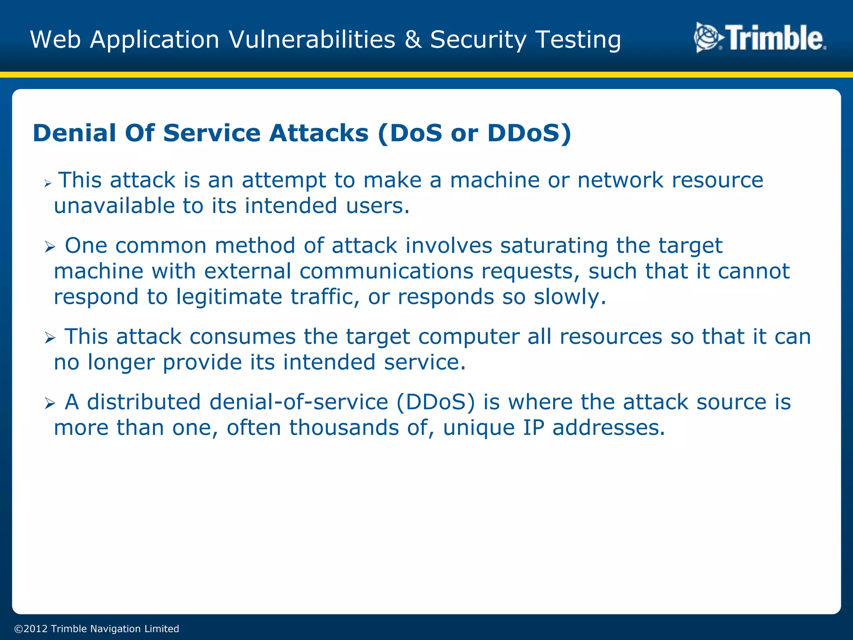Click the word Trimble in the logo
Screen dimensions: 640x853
click(776, 38)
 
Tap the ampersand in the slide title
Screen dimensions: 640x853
click(413, 40)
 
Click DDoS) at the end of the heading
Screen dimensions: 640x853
click(529, 133)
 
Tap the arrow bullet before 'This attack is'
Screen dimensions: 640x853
click(48, 183)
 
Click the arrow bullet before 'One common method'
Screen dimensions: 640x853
click(50, 247)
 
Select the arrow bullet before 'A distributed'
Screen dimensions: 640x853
click(50, 403)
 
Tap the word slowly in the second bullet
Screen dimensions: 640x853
click(569, 297)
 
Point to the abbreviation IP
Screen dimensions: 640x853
click(534, 428)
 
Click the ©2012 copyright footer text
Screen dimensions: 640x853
click(97, 629)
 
